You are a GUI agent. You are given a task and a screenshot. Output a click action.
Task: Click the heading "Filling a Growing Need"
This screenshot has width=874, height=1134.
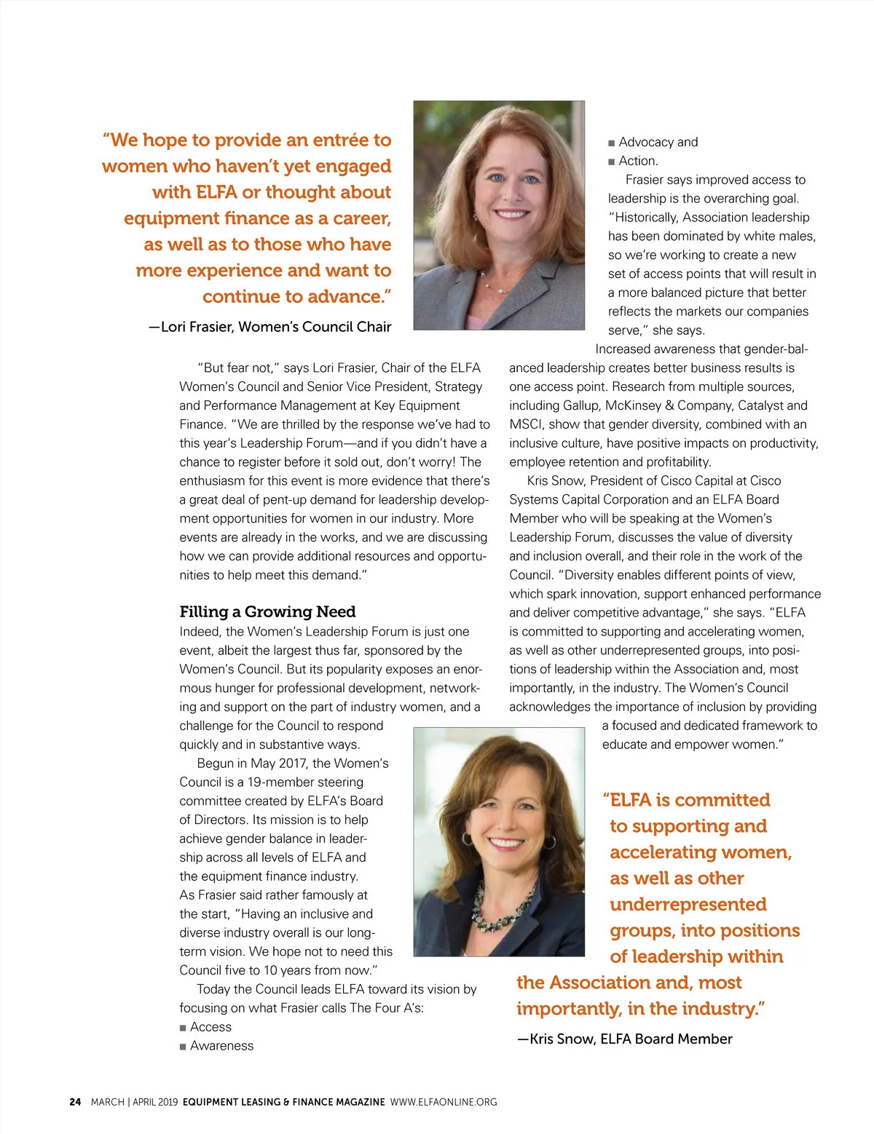pos(267,611)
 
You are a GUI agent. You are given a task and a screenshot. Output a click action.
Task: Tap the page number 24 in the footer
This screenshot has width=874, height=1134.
pos(75,1102)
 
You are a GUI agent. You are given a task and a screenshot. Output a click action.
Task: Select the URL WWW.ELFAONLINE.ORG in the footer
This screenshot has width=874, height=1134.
pos(444,1102)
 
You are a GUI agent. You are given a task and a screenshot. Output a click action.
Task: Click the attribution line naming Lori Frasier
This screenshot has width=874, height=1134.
pos(270,327)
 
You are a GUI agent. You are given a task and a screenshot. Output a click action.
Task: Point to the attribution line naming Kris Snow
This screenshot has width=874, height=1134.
pos(625,1039)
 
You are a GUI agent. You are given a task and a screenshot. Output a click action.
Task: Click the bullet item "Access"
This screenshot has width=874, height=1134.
pos(210,1027)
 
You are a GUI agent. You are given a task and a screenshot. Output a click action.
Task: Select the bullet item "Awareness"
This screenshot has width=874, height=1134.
pos(221,1046)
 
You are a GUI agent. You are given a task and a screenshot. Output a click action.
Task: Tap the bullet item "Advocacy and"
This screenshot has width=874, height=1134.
pos(658,142)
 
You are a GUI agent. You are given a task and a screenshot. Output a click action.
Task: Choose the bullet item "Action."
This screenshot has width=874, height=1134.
pos(638,161)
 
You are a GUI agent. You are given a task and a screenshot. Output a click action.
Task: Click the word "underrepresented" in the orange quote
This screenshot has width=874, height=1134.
pos(688,904)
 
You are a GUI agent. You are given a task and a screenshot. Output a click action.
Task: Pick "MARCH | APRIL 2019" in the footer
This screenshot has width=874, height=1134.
pos(134,1102)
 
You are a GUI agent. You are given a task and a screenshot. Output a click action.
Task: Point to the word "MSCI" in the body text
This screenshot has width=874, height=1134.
pos(525,424)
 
